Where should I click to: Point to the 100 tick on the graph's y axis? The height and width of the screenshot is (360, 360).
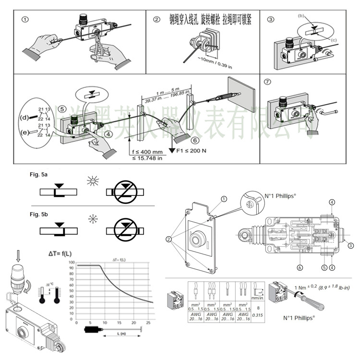point(72,263)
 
